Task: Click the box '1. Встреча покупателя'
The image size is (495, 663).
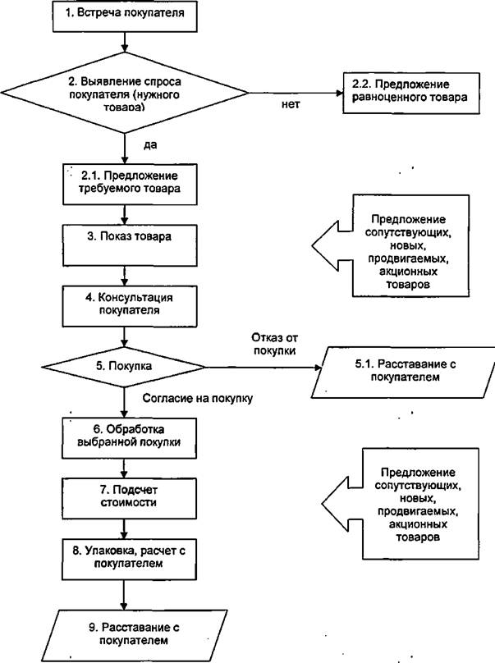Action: coord(125,16)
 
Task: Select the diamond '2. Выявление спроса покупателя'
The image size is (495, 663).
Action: coord(125,93)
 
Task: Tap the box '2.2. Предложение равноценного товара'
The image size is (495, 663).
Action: coord(410,93)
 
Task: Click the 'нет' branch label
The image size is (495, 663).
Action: coord(291,104)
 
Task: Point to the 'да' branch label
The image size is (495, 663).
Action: coord(150,145)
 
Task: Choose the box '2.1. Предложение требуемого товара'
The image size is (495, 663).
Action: coord(130,185)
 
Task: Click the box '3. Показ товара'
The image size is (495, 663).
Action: coord(130,245)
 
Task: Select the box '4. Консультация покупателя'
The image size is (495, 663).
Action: coord(130,306)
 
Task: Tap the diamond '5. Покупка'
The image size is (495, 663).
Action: coord(123,367)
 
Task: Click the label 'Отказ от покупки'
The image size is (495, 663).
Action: coord(274,344)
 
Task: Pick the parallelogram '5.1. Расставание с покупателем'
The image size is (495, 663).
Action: coord(403,372)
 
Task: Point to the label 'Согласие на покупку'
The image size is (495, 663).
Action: coord(198,398)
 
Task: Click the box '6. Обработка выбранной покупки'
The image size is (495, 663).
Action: coord(129,438)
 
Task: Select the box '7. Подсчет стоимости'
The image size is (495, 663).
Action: coord(129,499)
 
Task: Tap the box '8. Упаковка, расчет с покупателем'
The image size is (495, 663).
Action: coord(129,559)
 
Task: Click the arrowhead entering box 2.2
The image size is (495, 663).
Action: coord(338,93)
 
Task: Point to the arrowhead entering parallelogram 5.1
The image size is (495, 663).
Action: coord(318,368)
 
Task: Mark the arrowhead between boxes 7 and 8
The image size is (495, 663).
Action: coord(124,535)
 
